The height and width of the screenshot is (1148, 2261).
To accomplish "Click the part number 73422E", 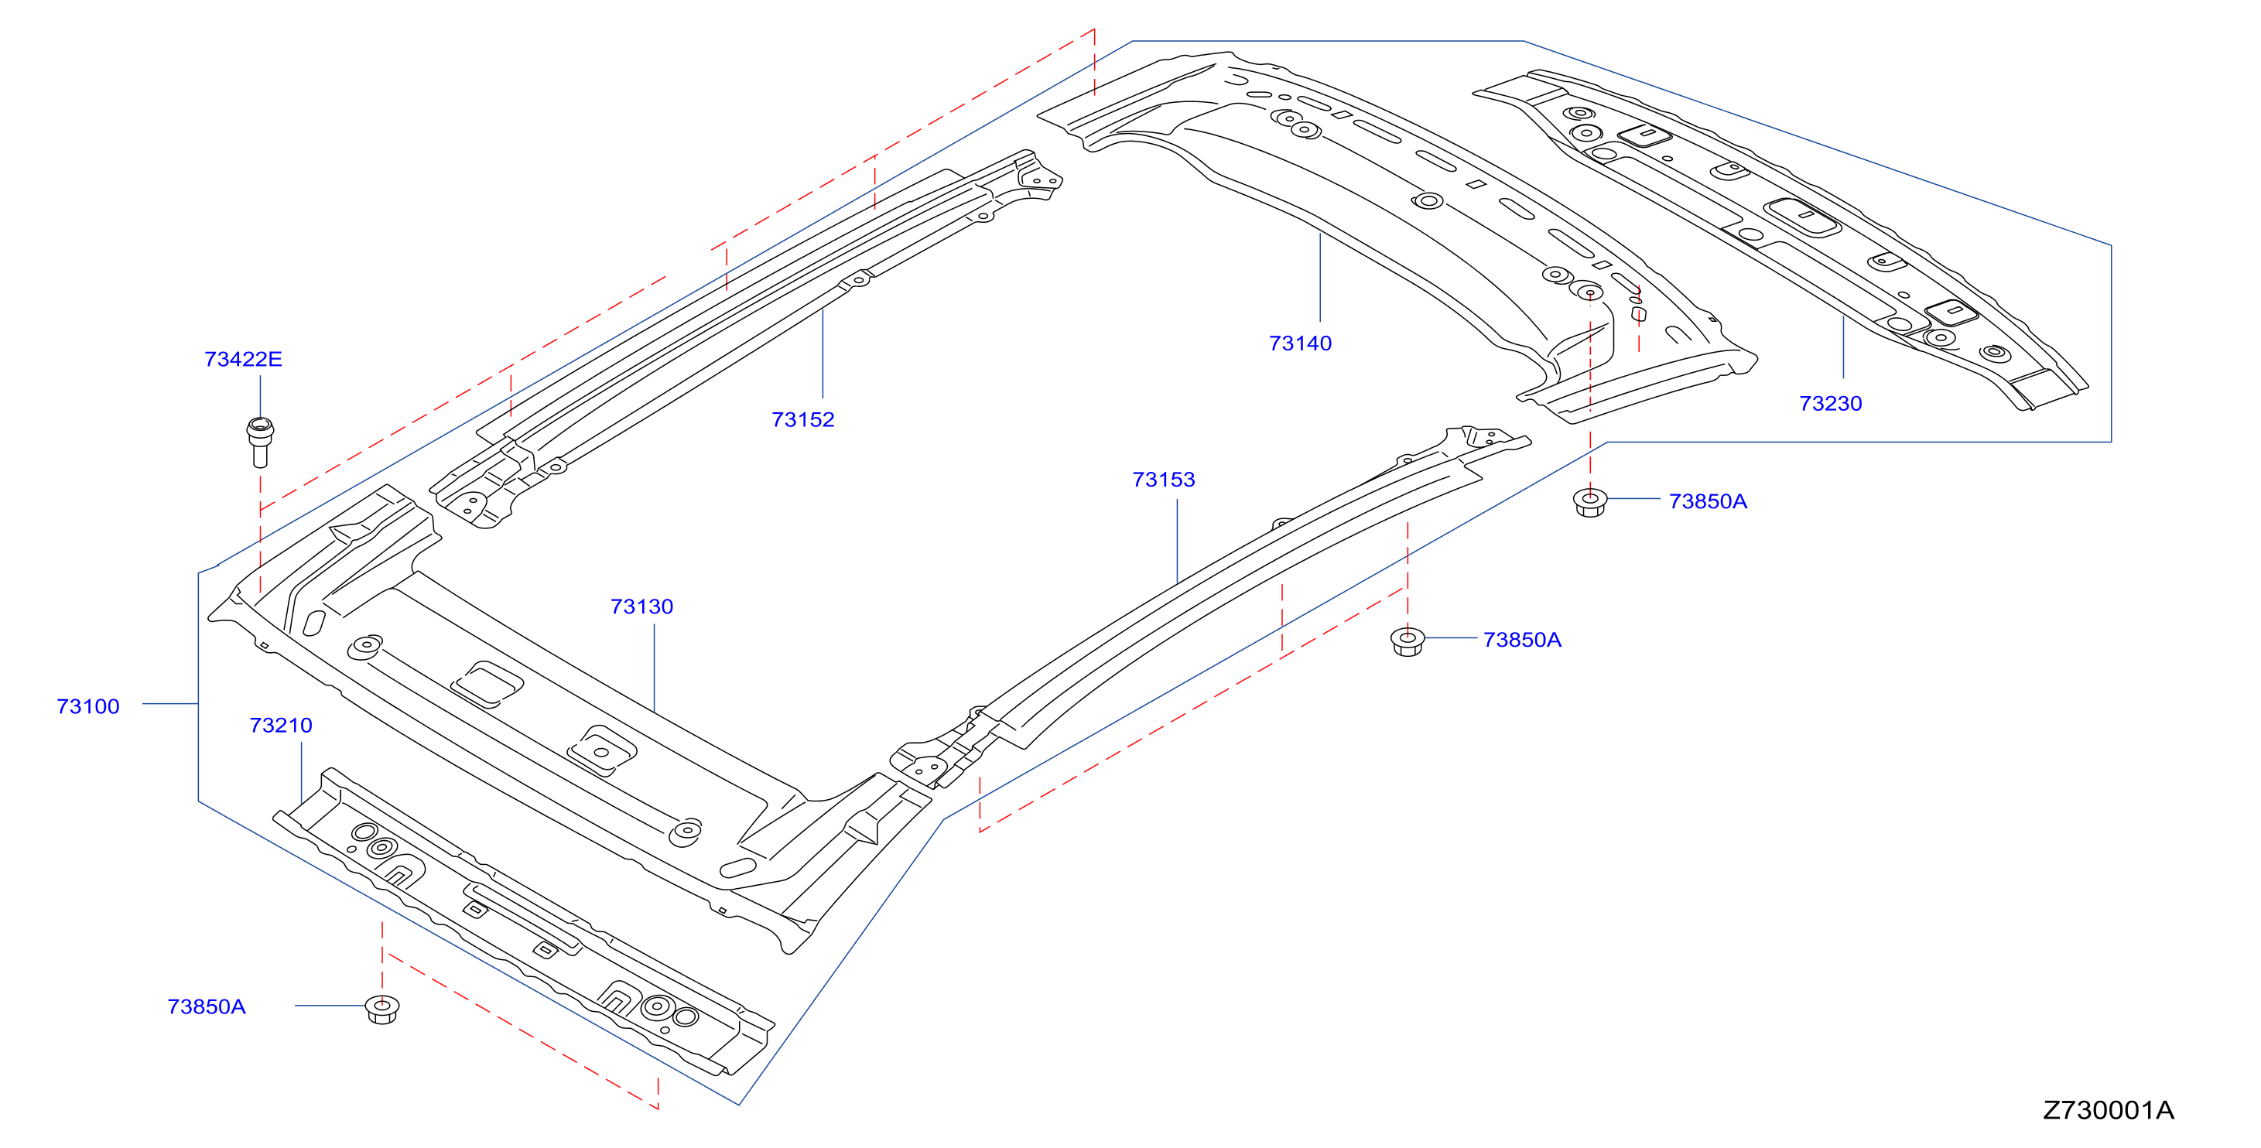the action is point(243,359).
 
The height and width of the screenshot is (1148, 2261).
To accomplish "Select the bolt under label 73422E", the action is point(260,442).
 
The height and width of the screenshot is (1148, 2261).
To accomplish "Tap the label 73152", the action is point(802,419).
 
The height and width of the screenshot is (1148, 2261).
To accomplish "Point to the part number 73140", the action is point(1300,343).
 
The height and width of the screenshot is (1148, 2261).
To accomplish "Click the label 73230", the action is point(1830,404).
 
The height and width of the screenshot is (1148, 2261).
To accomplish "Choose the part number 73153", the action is point(1163,479).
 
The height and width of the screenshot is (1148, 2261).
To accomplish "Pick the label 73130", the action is point(641,606).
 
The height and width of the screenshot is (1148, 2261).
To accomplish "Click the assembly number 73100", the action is point(87,706).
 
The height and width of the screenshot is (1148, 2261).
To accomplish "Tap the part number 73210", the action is point(281,725).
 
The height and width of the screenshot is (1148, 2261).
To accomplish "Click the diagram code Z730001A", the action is point(2109,1110).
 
